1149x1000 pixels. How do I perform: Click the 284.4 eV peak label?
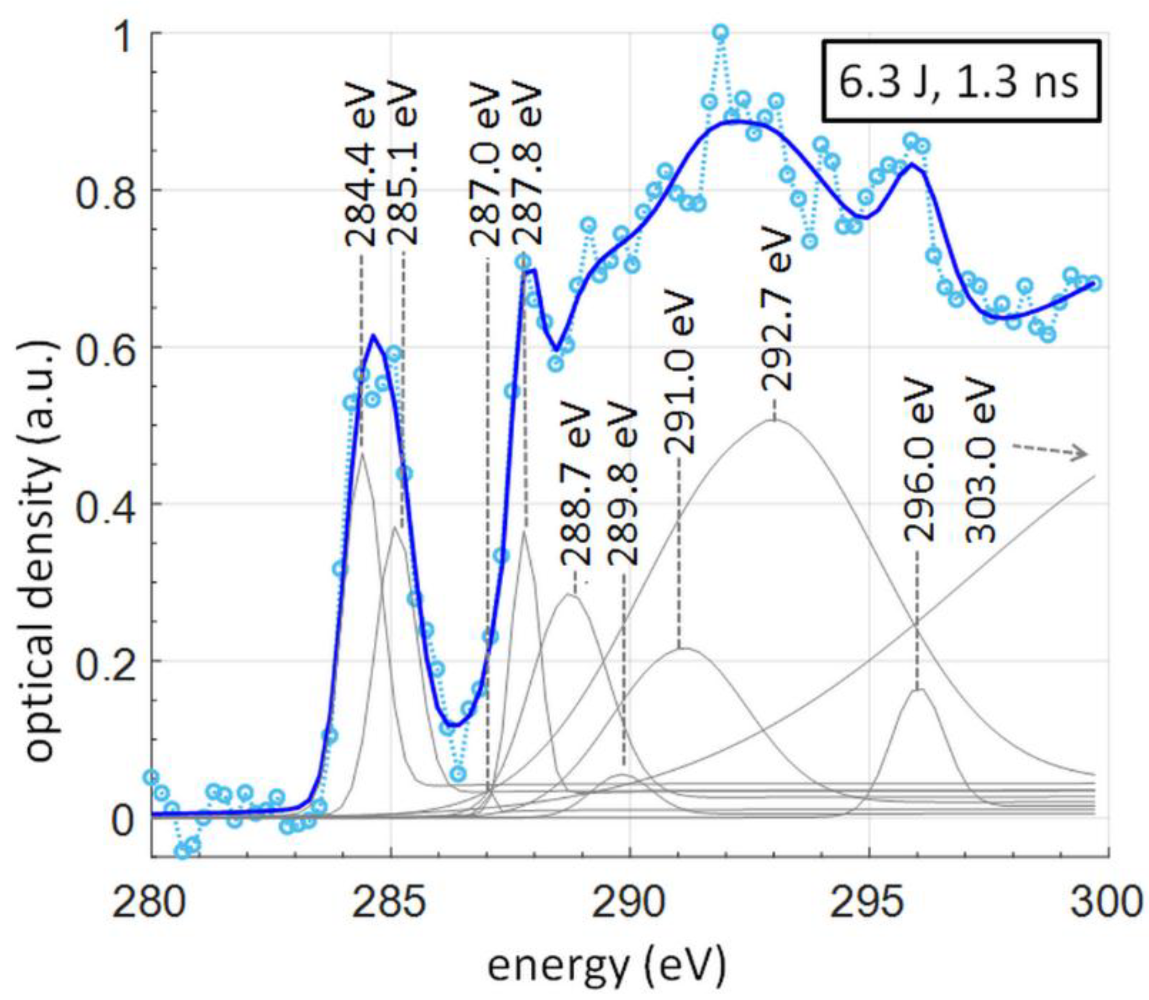[361, 166]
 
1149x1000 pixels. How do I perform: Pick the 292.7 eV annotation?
[777, 309]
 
